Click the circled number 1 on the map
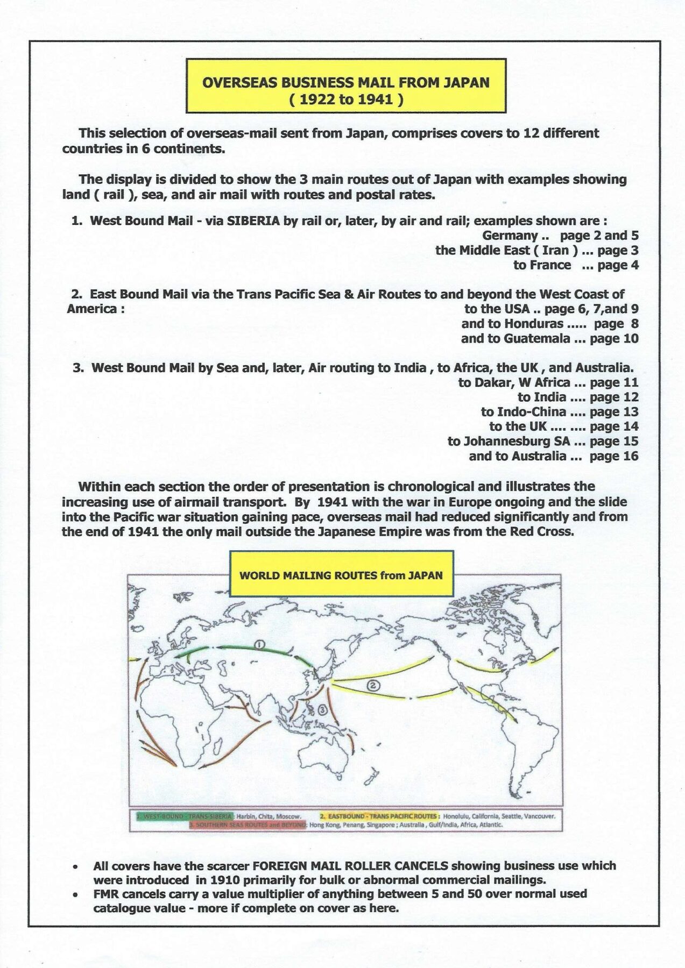[x=259, y=644]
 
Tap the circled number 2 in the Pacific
[x=373, y=685]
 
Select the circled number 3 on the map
[x=322, y=709]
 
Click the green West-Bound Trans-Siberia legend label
[x=185, y=816]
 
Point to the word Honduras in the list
[x=533, y=324]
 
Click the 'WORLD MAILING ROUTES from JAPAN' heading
[x=341, y=575]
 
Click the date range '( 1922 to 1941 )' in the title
[x=346, y=99]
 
